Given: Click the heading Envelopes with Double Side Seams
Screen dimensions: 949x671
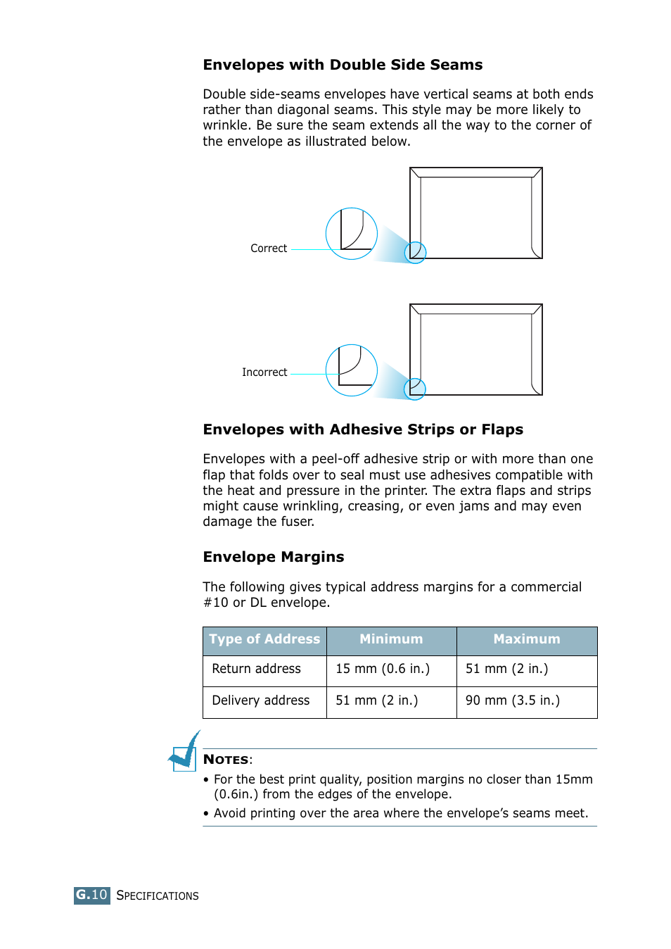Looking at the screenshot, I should tap(343, 65).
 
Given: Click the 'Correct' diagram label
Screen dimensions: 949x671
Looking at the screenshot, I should tap(269, 249).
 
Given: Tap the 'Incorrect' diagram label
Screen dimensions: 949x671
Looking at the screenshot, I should tap(264, 372).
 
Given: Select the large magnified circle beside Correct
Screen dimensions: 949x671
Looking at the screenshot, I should tap(352, 234).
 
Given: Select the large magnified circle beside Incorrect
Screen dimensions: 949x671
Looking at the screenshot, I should tap(352, 370).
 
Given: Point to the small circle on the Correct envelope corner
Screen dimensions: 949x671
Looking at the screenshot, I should tap(416, 252).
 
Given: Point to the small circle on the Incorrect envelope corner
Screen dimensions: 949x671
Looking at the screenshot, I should tap(415, 389).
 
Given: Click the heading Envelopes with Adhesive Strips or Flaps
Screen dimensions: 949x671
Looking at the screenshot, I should tap(363, 429).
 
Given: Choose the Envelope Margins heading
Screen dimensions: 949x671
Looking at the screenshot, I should tap(274, 557).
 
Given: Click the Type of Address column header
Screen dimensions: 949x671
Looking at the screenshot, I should tap(264, 639).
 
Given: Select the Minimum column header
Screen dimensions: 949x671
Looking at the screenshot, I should tap(391, 639).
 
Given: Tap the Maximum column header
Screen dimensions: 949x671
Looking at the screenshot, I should tap(526, 639).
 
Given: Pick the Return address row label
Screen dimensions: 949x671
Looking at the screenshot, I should tap(256, 669).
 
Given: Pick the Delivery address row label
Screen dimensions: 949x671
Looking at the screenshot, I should tap(260, 700).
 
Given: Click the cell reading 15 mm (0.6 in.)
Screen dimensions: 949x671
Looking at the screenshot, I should tap(383, 669).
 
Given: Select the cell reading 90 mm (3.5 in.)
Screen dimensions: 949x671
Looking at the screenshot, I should tap(513, 700).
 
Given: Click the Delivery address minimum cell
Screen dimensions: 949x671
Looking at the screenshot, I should tap(377, 700).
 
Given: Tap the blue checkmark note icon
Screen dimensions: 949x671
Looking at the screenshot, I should tap(185, 752).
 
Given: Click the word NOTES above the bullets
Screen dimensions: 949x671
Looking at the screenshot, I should tap(226, 760).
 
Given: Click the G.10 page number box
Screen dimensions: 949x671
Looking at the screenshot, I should tap(91, 895).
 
